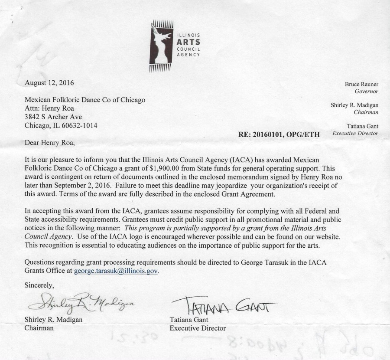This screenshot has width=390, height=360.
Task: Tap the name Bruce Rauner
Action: (361, 84)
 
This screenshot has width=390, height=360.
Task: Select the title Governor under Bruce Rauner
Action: (367, 92)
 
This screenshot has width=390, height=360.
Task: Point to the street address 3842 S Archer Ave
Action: (54, 117)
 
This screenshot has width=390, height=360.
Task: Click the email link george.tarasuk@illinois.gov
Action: (116, 271)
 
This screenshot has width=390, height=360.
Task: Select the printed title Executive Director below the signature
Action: (198, 328)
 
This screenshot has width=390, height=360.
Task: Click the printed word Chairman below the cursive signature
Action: (39, 328)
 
